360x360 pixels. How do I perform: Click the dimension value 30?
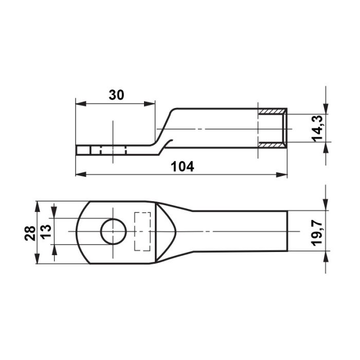tap(116, 95)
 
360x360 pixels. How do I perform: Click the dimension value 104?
tap(183, 167)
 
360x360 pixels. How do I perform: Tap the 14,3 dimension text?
tap(317, 129)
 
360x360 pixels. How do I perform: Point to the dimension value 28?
tap(30, 233)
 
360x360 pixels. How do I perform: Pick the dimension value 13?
tap(46, 231)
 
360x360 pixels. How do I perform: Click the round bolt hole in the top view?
tap(114, 231)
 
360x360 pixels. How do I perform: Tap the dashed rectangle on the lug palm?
tap(142, 231)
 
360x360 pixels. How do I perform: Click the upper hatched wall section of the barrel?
tap(272, 112)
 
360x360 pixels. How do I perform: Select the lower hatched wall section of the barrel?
tap(272, 145)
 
